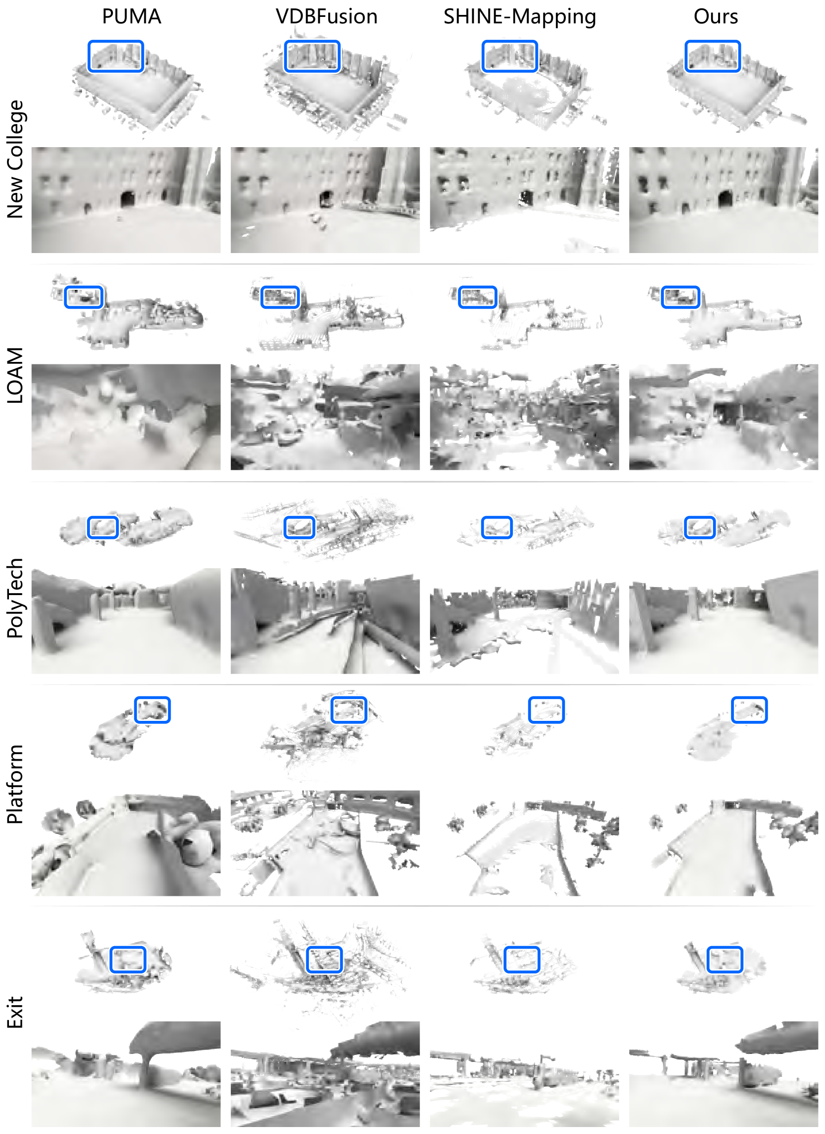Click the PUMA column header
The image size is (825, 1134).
click(131, 16)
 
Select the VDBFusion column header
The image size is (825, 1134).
click(327, 16)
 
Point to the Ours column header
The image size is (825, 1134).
click(716, 16)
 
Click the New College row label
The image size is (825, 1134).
click(15, 159)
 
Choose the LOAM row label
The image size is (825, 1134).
click(15, 375)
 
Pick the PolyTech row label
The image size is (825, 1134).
click(15, 598)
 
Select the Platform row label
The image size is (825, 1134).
click(15, 784)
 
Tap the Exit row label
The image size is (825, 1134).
click(15, 1012)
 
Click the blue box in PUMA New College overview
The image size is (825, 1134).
click(116, 42)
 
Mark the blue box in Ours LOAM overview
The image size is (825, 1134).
click(680, 287)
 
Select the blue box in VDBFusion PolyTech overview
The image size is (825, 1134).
click(299, 518)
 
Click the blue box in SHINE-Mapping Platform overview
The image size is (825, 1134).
click(547, 698)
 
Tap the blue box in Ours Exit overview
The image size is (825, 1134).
click(725, 948)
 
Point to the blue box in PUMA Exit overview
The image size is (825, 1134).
click(127, 948)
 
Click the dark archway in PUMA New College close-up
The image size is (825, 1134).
click(127, 199)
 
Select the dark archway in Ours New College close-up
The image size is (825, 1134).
click(725, 198)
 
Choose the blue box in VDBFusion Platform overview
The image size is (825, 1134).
click(349, 698)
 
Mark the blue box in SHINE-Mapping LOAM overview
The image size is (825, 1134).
click(477, 287)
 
